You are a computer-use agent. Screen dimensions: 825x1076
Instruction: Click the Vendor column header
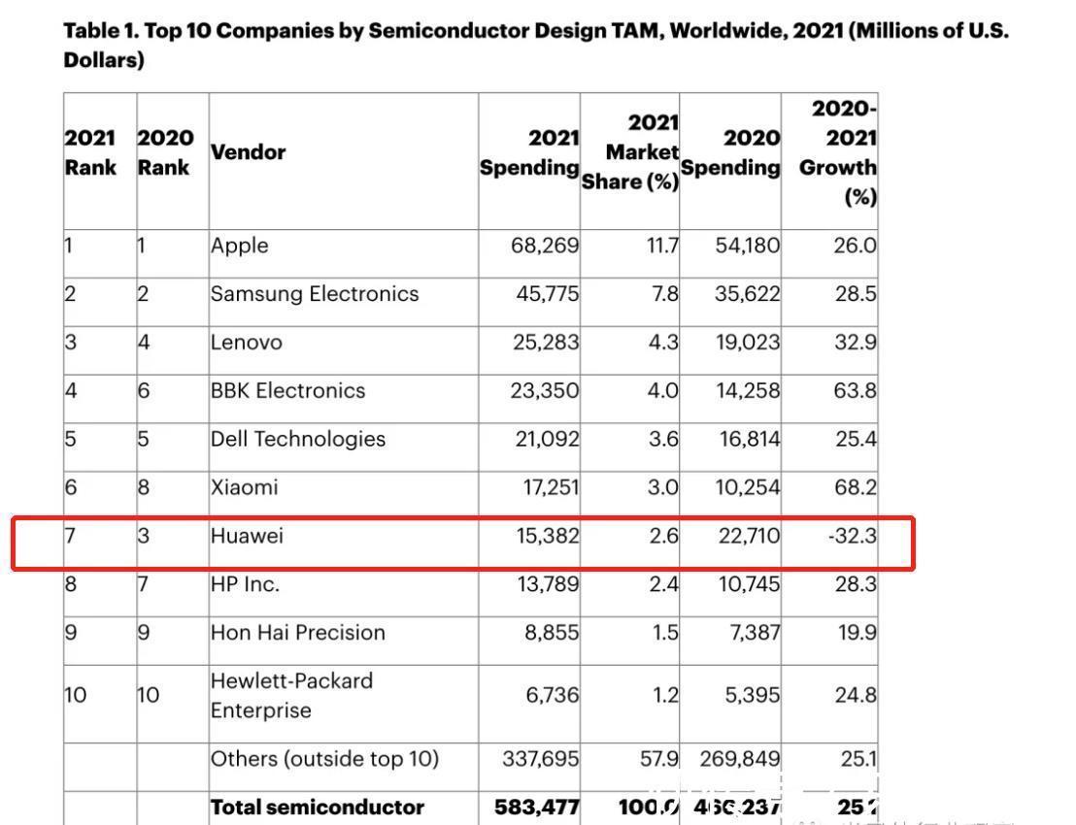pos(248,152)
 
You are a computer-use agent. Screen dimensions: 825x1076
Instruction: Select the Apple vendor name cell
pos(239,246)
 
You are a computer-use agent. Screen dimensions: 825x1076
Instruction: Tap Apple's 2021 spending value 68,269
pos(545,246)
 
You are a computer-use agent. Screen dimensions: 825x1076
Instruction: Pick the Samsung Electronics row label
pos(314,294)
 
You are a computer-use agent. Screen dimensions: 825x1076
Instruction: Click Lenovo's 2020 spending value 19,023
pos(747,343)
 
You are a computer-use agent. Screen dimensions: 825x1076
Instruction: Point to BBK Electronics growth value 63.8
pos(855,391)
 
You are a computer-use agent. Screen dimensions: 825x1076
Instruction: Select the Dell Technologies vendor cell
pos(297,439)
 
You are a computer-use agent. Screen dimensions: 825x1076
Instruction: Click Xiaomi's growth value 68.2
pos(855,487)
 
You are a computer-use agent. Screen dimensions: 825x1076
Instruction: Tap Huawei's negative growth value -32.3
pos(852,536)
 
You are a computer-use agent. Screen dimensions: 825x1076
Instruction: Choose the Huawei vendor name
pos(247,536)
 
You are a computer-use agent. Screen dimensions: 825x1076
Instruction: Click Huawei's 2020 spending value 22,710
pos(747,536)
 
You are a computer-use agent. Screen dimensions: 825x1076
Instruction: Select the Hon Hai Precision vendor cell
pos(297,633)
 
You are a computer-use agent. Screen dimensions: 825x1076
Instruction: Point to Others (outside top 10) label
pos(324,759)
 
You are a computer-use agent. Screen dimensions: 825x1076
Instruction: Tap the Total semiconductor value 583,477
pos(537,808)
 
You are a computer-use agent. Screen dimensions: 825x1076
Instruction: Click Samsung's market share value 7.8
pos(664,294)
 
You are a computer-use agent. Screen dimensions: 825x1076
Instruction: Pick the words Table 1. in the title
pos(103,31)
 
